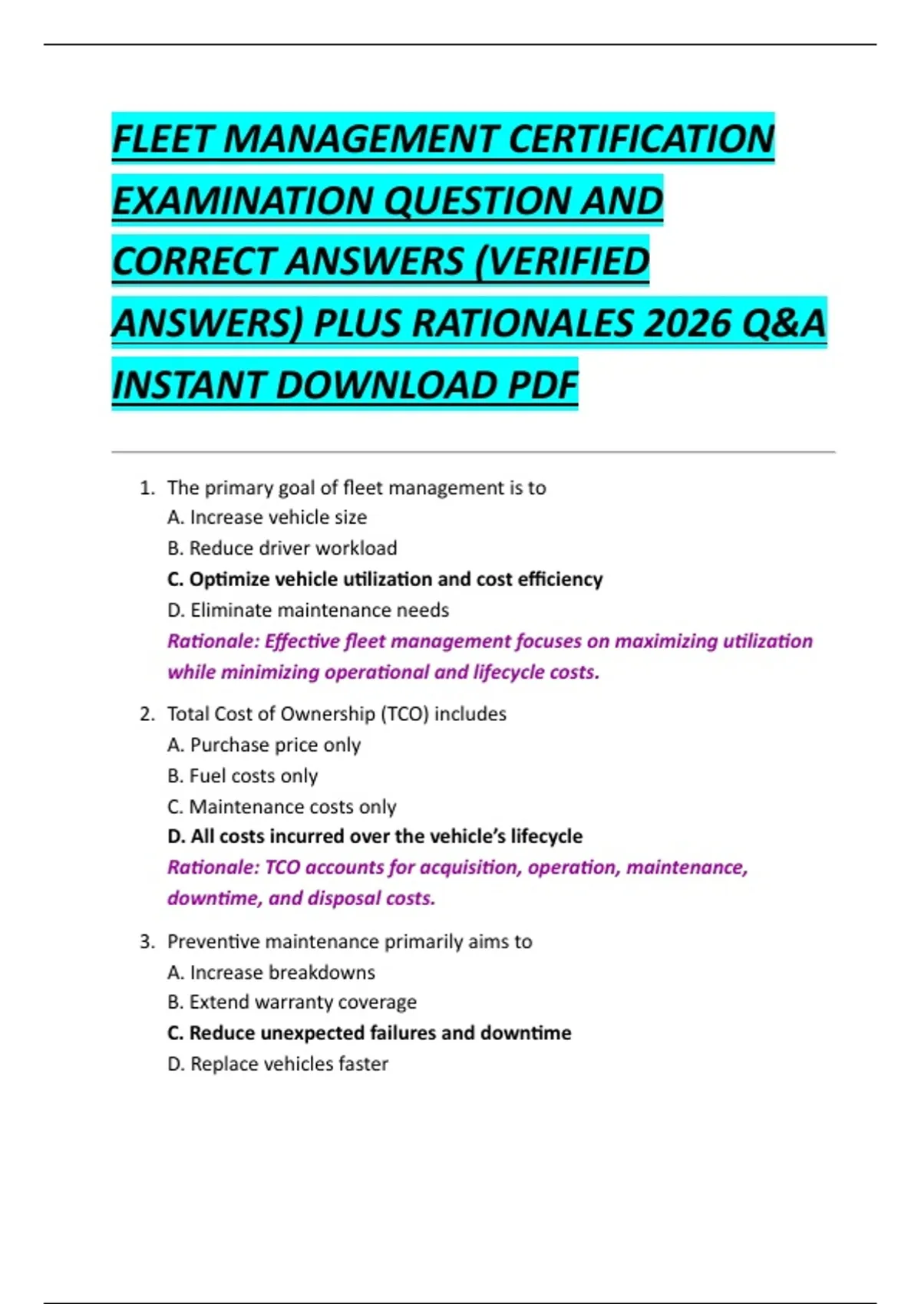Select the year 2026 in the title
[x=686, y=323]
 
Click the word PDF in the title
[x=542, y=385]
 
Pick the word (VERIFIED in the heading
[x=562, y=262]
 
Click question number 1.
[x=147, y=488]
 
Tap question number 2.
[x=147, y=714]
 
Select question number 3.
[x=147, y=941]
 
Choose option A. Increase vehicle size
[x=267, y=518]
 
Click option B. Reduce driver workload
[x=282, y=548]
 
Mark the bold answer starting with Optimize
[x=385, y=579]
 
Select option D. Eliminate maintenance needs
[x=308, y=611]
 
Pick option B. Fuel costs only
[x=243, y=776]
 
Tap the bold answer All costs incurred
[x=375, y=836]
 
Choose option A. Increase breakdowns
[x=271, y=973]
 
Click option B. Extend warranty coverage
[x=292, y=1003]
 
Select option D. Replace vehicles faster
[x=278, y=1064]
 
